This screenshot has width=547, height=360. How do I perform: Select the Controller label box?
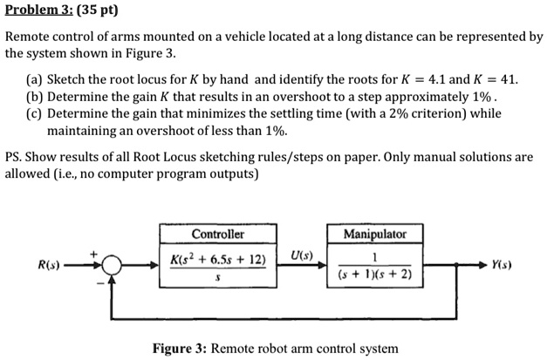coord(217,234)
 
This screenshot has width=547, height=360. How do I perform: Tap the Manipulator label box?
coord(374,234)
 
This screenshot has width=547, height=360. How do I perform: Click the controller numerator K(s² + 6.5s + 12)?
coord(217,259)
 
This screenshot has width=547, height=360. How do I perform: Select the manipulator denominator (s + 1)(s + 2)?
coord(373,275)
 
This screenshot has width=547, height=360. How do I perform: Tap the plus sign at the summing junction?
coord(92,253)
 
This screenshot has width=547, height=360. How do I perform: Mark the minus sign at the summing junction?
coord(99,281)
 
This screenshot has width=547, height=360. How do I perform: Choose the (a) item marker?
coord(33,78)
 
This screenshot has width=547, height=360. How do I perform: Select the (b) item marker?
coord(33,96)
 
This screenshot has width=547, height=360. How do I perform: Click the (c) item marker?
coord(33,113)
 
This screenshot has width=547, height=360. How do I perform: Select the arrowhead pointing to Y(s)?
coord(482,262)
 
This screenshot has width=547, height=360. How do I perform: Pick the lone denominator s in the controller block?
coord(217,277)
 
